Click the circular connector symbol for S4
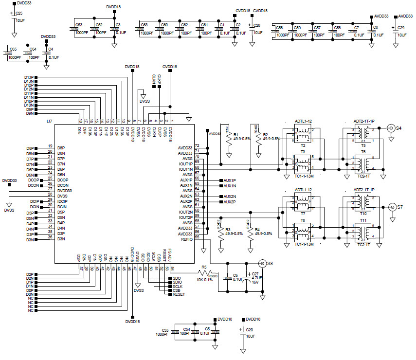point(390,128)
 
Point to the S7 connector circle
point(391,207)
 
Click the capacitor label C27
point(255,274)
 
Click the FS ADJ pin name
point(171,254)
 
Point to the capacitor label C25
point(19,13)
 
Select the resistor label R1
point(235,134)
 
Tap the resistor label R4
point(257,229)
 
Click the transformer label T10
point(363,214)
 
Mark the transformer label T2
point(302,145)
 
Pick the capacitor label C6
point(235,275)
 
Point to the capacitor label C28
point(257,25)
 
